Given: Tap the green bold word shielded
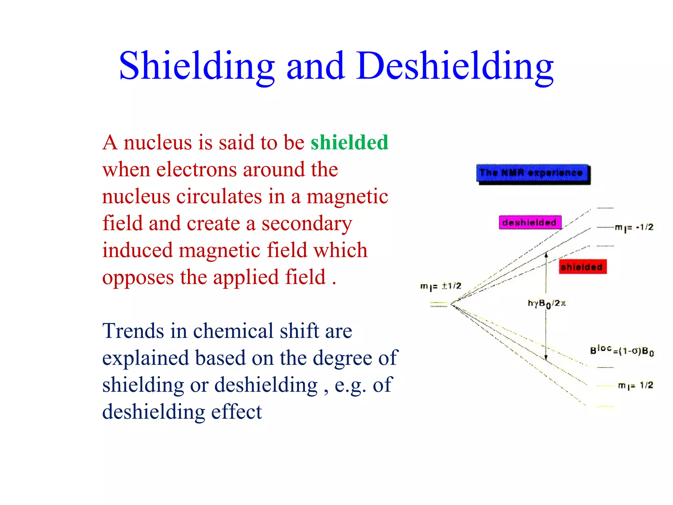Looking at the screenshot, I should click(349, 142).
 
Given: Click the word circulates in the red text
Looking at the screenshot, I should click(219, 197).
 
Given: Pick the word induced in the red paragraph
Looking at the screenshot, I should click(137, 250).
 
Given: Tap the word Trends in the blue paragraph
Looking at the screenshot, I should click(133, 331).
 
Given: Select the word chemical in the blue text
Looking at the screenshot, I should click(233, 331).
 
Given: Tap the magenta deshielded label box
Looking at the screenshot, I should click(530, 223).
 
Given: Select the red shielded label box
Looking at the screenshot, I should click(582, 267).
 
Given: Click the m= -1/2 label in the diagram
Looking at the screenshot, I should click(634, 227).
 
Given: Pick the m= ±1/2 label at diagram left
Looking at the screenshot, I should click(441, 286).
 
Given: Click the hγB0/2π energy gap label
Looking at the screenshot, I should click(546, 303).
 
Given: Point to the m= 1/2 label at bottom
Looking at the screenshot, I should click(635, 385).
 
